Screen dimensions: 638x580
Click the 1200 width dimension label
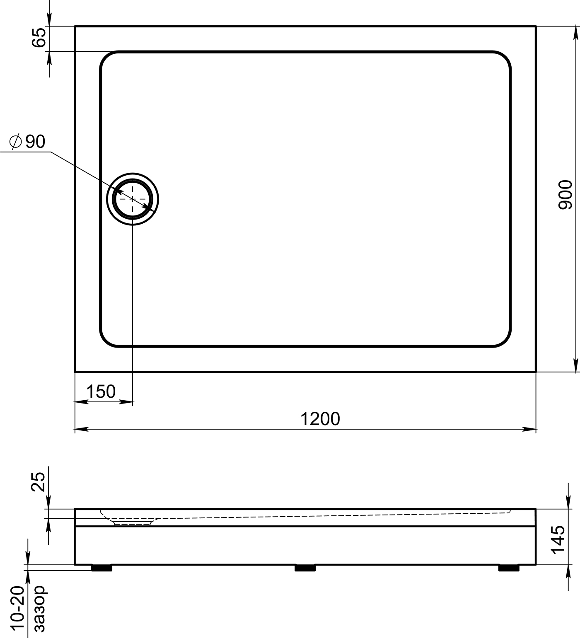pyautogui.click(x=320, y=419)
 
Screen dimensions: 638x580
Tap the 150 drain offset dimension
pyautogui.click(x=101, y=391)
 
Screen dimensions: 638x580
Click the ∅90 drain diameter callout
pyautogui.click(x=27, y=142)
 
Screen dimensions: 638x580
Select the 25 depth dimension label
pyautogui.click(x=39, y=481)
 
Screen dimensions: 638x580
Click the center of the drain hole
pyautogui.click(x=133, y=199)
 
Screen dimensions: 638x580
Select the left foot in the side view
pyautogui.click(x=101, y=568)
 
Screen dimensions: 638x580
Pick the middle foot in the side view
pyautogui.click(x=305, y=568)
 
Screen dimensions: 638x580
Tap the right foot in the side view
pyautogui.click(x=509, y=568)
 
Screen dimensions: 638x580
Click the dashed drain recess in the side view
pyautogui.click(x=132, y=522)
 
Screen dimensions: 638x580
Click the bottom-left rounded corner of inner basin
pyautogui.click(x=107, y=339)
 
